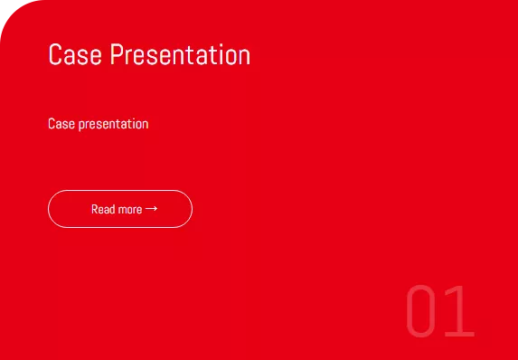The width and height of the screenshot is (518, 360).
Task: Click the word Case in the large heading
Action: [75, 54]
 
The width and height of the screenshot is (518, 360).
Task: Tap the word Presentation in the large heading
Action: [181, 54]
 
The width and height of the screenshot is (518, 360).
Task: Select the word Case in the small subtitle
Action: [61, 124]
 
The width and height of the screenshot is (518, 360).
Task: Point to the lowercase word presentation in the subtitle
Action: [113, 125]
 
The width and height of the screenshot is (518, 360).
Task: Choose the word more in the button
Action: [130, 210]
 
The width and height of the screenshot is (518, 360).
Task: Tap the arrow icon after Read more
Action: [151, 209]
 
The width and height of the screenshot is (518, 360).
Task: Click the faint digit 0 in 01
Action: [420, 311]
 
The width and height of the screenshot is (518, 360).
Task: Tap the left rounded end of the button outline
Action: [48, 209]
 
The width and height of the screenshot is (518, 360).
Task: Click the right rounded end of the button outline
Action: [192, 209]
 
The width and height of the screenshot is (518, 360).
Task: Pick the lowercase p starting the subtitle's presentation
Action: [81, 126]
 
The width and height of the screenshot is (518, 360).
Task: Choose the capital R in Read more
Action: [95, 209]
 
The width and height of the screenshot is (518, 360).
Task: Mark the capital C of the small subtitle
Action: [52, 124]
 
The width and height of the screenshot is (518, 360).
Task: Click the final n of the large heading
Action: [245, 57]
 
